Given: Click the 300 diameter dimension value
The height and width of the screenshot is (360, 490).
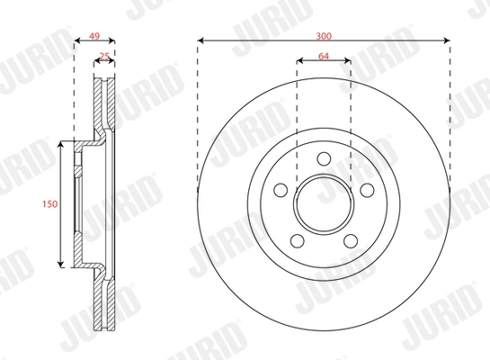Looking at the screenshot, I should (324, 33).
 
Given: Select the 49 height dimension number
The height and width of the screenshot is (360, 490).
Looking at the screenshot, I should (93, 38).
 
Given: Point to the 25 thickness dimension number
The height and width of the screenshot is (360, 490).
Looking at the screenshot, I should (104, 57).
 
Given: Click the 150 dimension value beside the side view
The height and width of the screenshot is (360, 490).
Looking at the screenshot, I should (50, 204).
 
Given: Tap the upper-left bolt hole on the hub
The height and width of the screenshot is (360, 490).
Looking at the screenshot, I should (281, 191).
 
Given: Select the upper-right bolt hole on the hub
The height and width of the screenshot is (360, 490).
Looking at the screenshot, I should (367, 191).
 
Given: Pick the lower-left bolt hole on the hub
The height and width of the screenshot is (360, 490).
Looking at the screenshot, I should (297, 241).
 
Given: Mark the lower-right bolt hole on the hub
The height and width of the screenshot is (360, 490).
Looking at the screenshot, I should (351, 241).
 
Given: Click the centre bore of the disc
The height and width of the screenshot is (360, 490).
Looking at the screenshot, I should (324, 204).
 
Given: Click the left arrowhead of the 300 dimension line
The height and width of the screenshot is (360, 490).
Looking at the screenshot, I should (200, 40).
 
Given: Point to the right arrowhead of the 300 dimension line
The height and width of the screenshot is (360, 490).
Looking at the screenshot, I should (446, 40).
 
